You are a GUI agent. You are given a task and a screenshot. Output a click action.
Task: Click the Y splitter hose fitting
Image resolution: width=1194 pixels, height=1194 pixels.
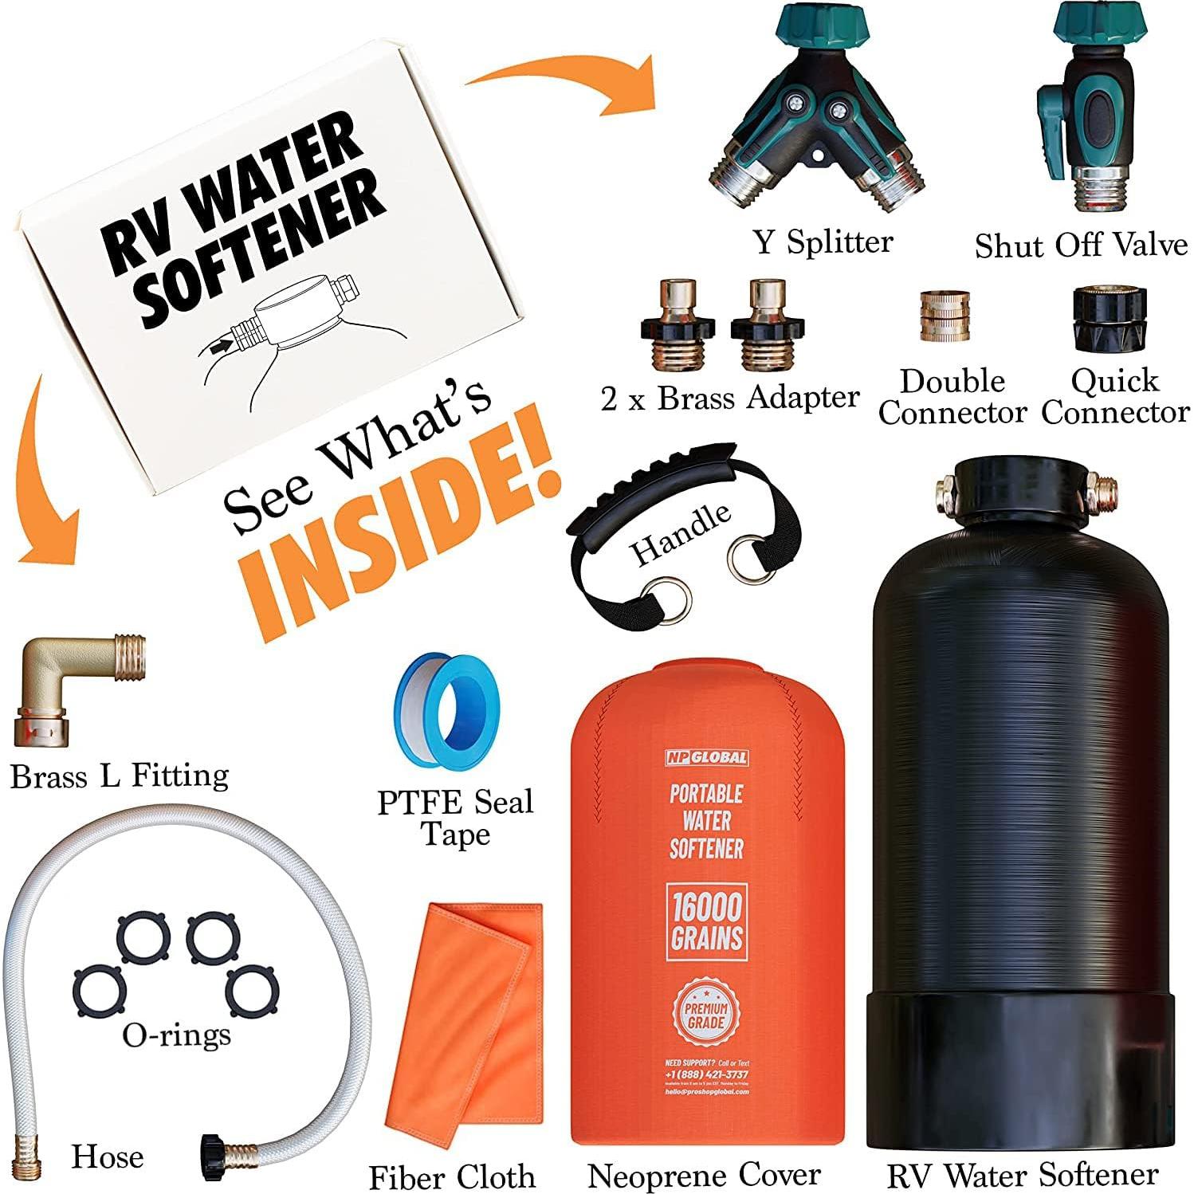tap(809, 120)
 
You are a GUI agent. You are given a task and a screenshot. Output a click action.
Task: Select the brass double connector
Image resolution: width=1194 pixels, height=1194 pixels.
tap(945, 317)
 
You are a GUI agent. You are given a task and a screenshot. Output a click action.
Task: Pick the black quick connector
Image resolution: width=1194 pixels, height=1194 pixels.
tap(1109, 319)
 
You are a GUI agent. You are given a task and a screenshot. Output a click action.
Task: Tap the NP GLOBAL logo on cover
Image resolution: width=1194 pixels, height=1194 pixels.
tap(706, 757)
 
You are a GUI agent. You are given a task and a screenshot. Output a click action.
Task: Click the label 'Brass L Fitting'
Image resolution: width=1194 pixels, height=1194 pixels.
tap(120, 776)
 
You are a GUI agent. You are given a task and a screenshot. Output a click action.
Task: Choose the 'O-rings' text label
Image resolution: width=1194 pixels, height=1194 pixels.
tap(176, 1035)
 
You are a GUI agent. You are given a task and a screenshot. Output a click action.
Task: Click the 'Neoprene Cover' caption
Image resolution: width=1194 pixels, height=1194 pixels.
tap(704, 1175)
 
